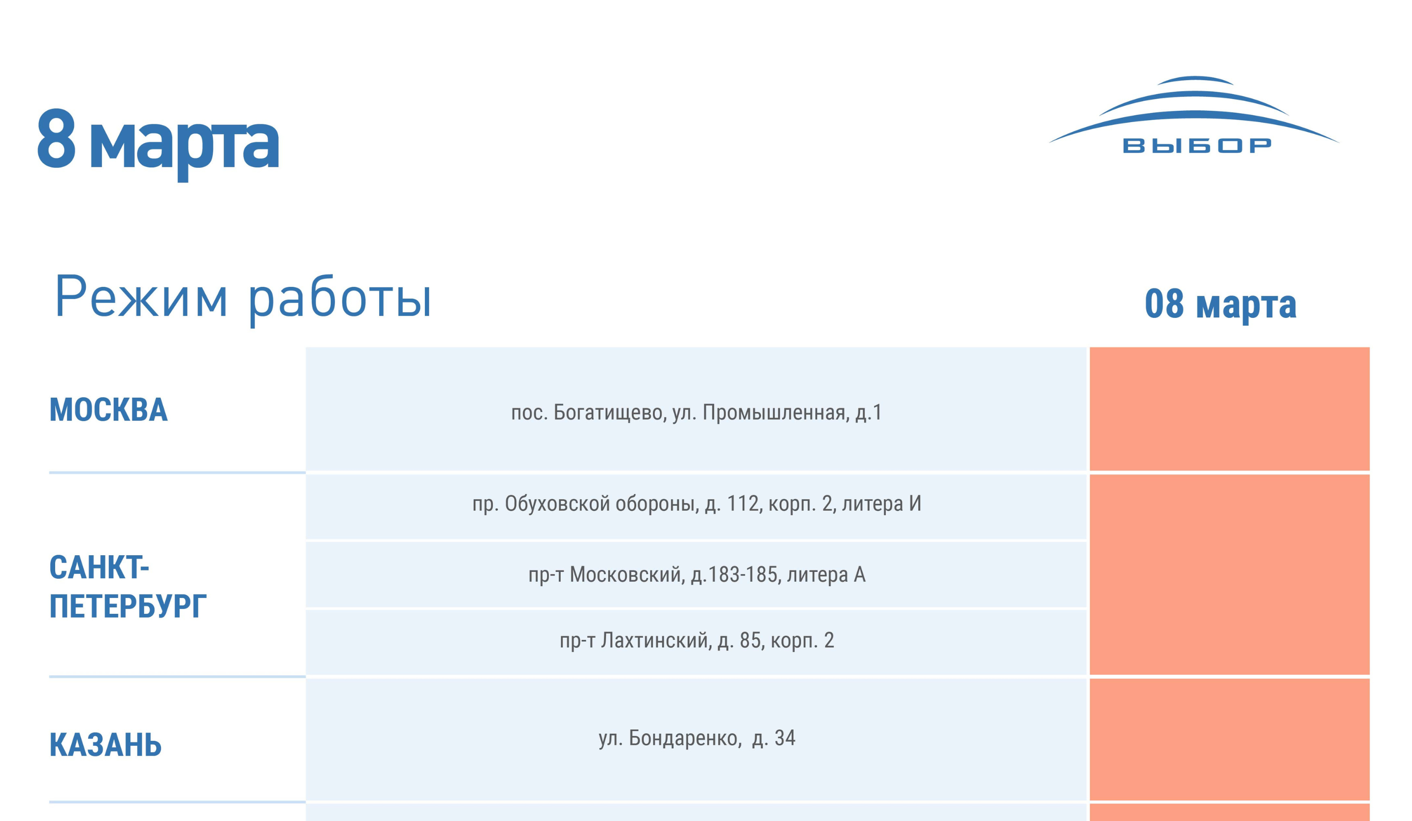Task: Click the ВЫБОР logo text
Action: point(1197,146)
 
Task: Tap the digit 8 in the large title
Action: point(56,138)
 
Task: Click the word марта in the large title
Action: point(184,147)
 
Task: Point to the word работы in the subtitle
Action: point(340,300)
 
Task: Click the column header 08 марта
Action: point(1220,304)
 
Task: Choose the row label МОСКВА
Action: point(109,410)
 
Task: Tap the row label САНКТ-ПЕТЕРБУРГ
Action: point(128,587)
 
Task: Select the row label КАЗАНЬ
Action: point(105,745)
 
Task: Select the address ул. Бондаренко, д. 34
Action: point(697,738)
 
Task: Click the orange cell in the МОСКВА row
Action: point(1229,409)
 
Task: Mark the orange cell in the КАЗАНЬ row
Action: point(1229,739)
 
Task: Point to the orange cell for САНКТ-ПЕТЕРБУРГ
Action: point(1229,574)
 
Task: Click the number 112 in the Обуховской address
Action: point(743,504)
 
